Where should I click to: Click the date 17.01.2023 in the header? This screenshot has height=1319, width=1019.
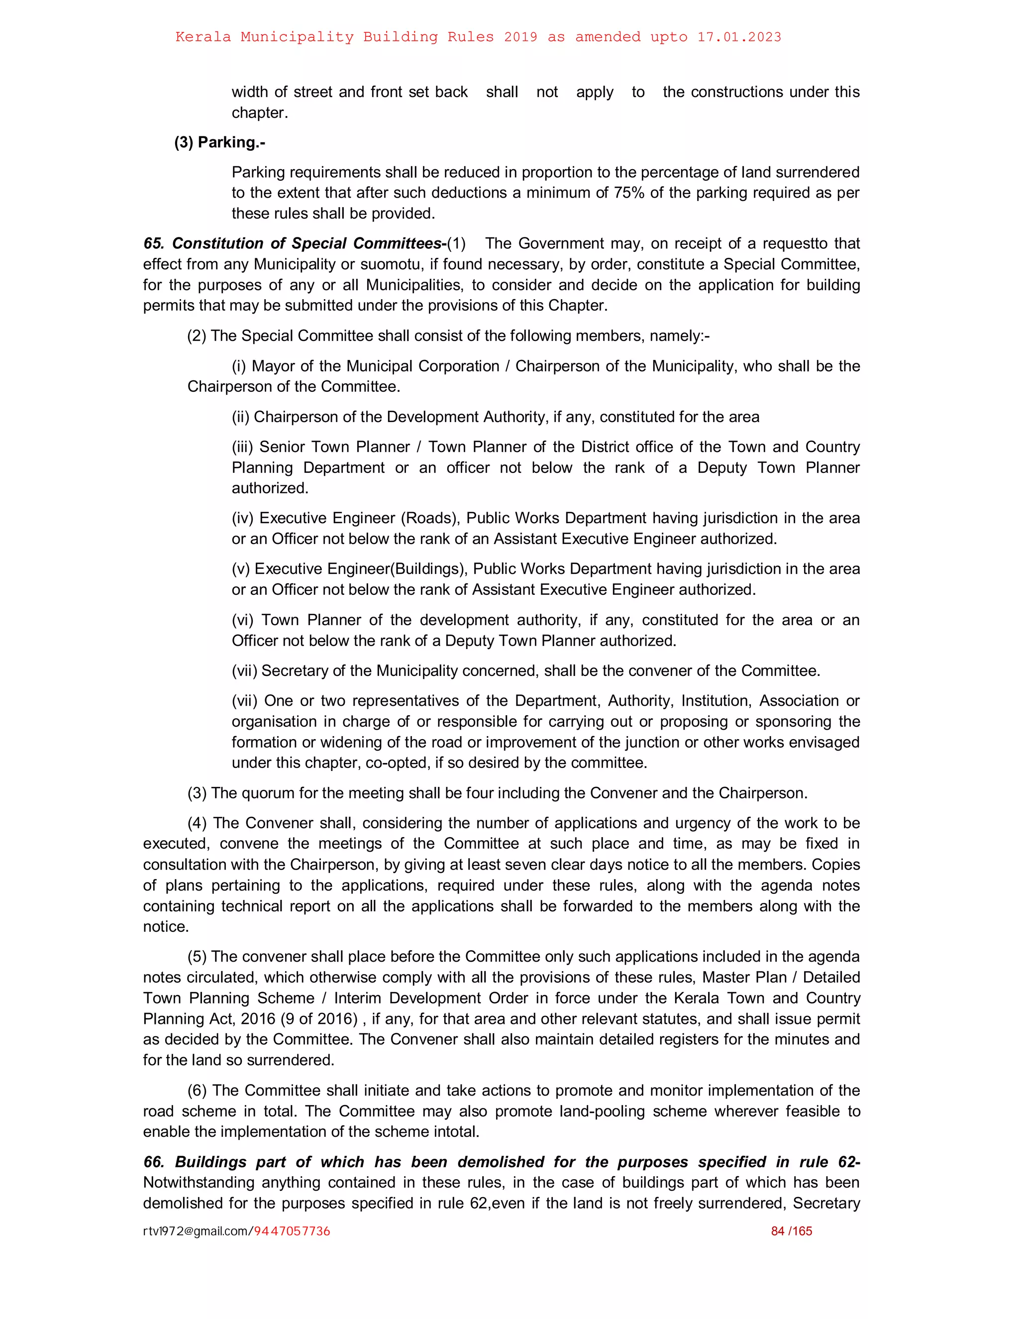point(739,37)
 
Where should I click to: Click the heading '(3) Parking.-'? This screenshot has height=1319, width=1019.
point(220,142)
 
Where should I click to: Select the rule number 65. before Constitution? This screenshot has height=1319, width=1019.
point(154,243)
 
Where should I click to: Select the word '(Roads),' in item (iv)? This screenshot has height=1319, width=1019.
point(431,518)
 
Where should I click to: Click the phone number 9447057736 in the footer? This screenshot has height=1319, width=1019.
point(292,1231)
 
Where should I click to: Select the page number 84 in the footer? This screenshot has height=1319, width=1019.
point(778,1231)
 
